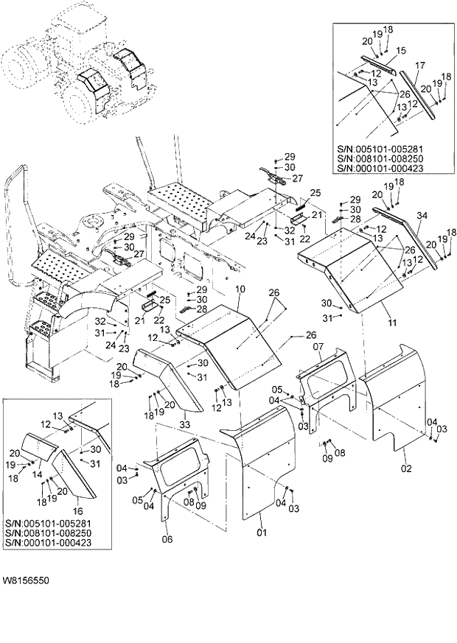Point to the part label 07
(319, 346)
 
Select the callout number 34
(422, 216)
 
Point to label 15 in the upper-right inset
(402, 50)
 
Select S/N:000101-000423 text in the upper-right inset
(380, 168)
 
